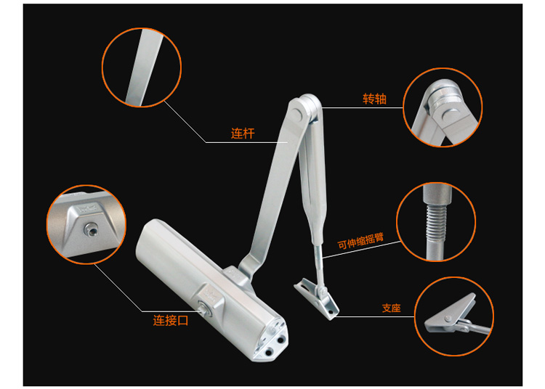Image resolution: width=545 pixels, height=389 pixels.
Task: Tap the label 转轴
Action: pyautogui.click(x=374, y=99)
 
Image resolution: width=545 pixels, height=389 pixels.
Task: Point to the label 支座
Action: pyautogui.click(x=391, y=308)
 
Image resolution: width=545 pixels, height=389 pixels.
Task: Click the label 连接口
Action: pyautogui.click(x=170, y=319)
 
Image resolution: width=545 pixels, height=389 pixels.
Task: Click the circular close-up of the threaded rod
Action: pyautogui.click(x=436, y=221)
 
